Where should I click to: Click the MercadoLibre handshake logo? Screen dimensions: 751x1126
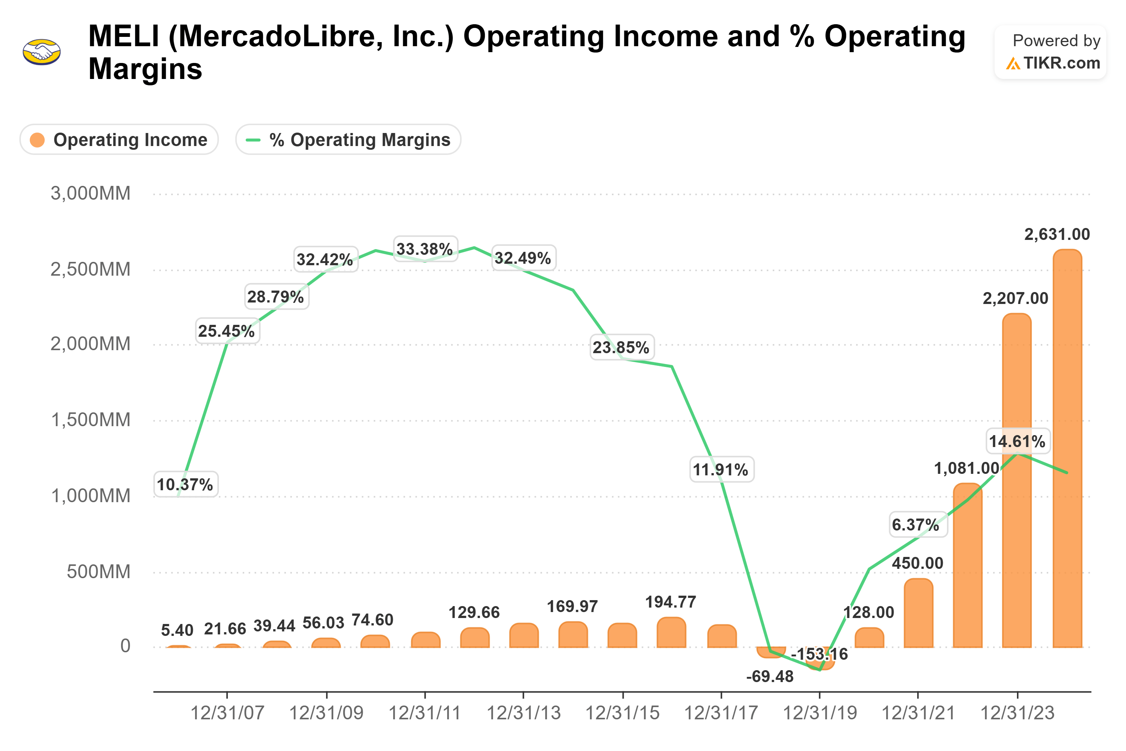tap(42, 52)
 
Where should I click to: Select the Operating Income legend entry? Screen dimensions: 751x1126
tap(119, 140)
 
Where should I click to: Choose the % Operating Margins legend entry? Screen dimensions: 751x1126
tap(348, 140)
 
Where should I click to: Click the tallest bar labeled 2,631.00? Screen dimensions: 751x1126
tap(1067, 450)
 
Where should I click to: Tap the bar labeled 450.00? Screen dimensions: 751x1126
tap(918, 615)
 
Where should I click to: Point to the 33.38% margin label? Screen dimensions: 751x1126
tap(424, 249)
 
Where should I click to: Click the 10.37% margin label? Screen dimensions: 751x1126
tap(185, 485)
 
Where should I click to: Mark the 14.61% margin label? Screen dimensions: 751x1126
tap(1017, 441)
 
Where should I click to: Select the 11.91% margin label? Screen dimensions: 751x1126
tap(721, 469)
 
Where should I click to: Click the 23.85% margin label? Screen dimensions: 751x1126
tap(621, 347)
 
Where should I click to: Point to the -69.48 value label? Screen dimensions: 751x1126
tap(770, 676)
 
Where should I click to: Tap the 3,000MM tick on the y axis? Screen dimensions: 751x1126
tap(90, 193)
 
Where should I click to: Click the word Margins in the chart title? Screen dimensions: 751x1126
tap(146, 69)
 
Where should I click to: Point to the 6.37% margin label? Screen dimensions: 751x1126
tap(915, 525)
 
